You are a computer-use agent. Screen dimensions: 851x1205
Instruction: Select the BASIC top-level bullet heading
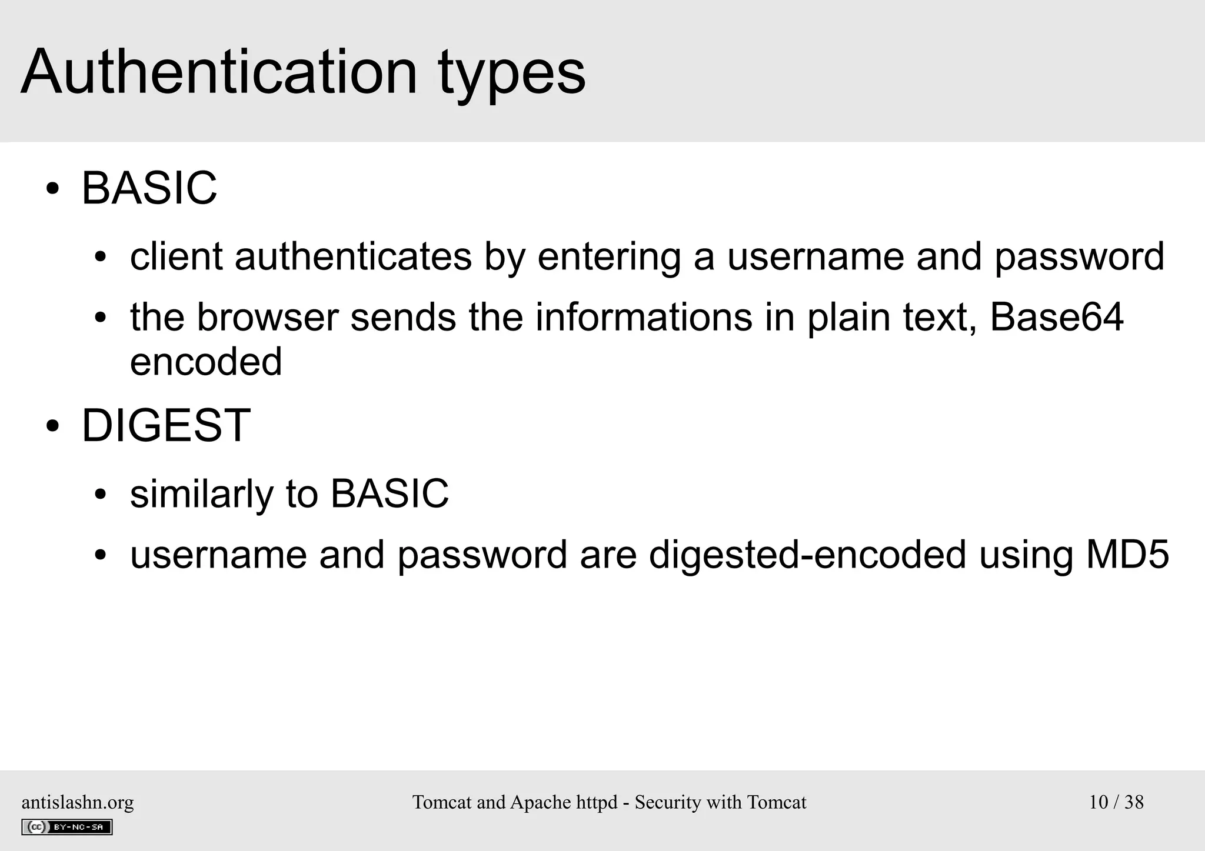pos(149,188)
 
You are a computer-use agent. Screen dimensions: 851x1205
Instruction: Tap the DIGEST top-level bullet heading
pos(166,426)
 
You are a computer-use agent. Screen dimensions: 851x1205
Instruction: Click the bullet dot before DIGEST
pos(52,427)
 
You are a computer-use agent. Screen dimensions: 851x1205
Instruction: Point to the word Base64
pos(1056,317)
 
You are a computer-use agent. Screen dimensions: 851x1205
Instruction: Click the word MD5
pos(1127,554)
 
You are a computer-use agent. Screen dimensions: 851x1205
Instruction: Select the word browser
pos(267,317)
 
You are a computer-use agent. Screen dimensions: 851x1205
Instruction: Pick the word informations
pos(644,317)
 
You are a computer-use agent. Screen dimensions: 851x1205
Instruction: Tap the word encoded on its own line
pos(206,361)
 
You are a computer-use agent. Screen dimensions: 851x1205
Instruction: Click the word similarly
pos(202,493)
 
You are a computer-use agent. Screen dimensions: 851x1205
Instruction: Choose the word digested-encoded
pos(807,554)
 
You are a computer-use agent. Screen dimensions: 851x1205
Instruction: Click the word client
pos(176,256)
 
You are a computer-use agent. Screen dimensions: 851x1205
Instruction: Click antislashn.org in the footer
pos(78,802)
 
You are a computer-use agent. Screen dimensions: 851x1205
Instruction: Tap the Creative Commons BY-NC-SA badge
pos(67,827)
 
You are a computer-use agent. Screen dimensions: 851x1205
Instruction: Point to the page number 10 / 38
pos(1116,802)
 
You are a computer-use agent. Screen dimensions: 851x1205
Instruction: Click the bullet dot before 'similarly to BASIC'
pos(101,495)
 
